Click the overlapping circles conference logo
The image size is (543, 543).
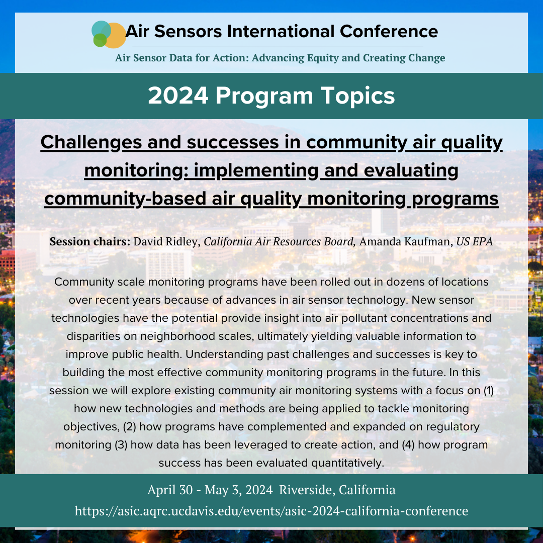[109, 34]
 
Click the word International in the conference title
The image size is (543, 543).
[281, 32]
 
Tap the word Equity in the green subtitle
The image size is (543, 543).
[322, 58]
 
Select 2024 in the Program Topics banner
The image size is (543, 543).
[178, 96]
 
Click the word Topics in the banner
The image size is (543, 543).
[358, 96]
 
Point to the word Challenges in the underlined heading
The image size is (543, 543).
[91, 143]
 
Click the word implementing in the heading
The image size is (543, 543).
[256, 171]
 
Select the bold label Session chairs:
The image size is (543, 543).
[90, 241]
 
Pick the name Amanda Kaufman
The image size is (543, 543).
[406, 241]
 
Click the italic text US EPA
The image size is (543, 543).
[475, 241]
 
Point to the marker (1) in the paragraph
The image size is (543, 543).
[488, 391]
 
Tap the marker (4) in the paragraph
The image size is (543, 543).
[408, 444]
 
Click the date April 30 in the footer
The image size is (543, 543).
[170, 490]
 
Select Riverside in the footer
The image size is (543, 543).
[307, 490]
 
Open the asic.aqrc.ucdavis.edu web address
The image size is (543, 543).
[271, 511]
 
